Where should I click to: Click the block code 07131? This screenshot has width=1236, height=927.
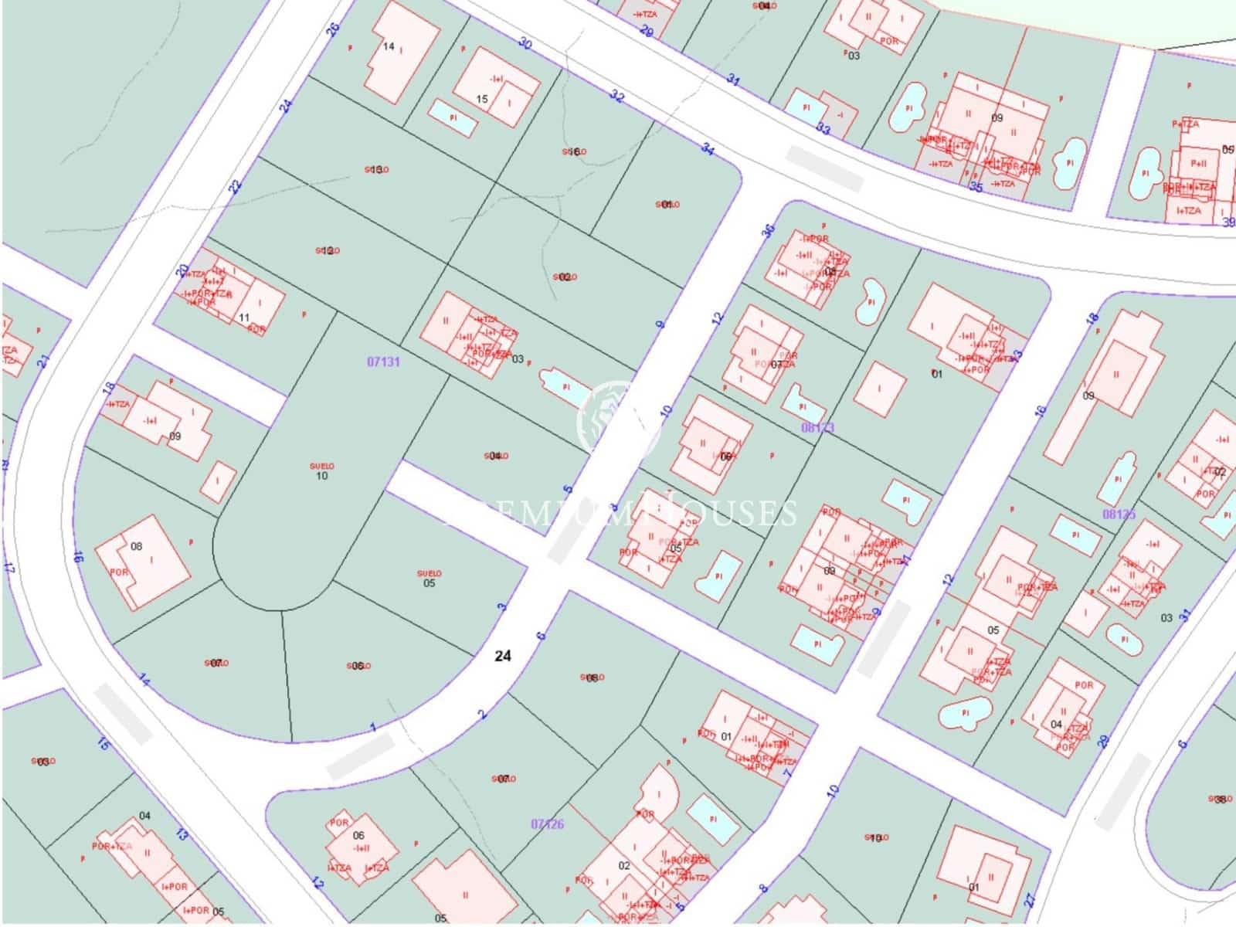point(383,361)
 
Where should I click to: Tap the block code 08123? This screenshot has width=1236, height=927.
point(818,427)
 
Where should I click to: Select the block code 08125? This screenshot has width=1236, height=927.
point(1119,514)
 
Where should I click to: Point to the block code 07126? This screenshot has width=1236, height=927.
point(547,824)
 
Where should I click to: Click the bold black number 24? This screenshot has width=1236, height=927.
point(503,656)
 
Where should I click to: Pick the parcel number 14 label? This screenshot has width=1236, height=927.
point(389,46)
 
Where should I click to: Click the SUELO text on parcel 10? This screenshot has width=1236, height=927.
point(321,466)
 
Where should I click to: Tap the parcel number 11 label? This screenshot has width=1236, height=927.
point(244,317)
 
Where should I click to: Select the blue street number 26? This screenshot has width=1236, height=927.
point(333,29)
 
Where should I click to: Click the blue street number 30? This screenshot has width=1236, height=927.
point(526,43)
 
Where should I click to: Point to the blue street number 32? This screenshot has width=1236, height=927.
point(616,97)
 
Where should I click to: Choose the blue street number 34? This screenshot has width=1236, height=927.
point(708,148)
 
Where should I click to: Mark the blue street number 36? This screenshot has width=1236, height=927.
point(768,231)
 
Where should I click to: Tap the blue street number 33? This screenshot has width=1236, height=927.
point(823,130)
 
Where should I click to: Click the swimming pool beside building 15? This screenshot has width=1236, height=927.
point(453,117)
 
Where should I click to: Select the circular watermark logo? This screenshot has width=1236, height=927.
point(618,419)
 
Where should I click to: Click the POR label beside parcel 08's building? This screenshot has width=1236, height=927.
point(118,572)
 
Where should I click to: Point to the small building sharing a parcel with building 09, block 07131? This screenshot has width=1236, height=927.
point(222,480)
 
